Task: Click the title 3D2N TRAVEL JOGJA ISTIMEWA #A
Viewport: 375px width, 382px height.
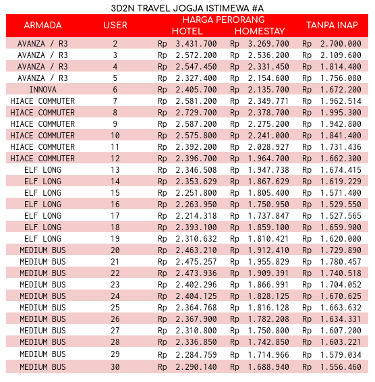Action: tap(187, 6)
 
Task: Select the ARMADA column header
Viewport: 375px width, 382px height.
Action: tap(42, 26)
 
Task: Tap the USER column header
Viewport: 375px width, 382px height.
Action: tap(115, 26)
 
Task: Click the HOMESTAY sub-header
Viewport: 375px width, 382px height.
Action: tap(260, 31)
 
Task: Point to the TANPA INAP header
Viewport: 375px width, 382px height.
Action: tap(332, 26)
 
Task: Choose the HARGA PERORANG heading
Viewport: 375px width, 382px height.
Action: tap(223, 20)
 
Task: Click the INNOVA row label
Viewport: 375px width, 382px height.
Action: tap(42, 89)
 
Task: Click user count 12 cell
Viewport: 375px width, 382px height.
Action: tap(115, 158)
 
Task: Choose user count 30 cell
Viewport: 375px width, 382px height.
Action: tap(115, 366)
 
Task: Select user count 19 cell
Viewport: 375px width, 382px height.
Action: tap(115, 238)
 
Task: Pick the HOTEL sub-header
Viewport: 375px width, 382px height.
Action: tap(187, 31)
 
